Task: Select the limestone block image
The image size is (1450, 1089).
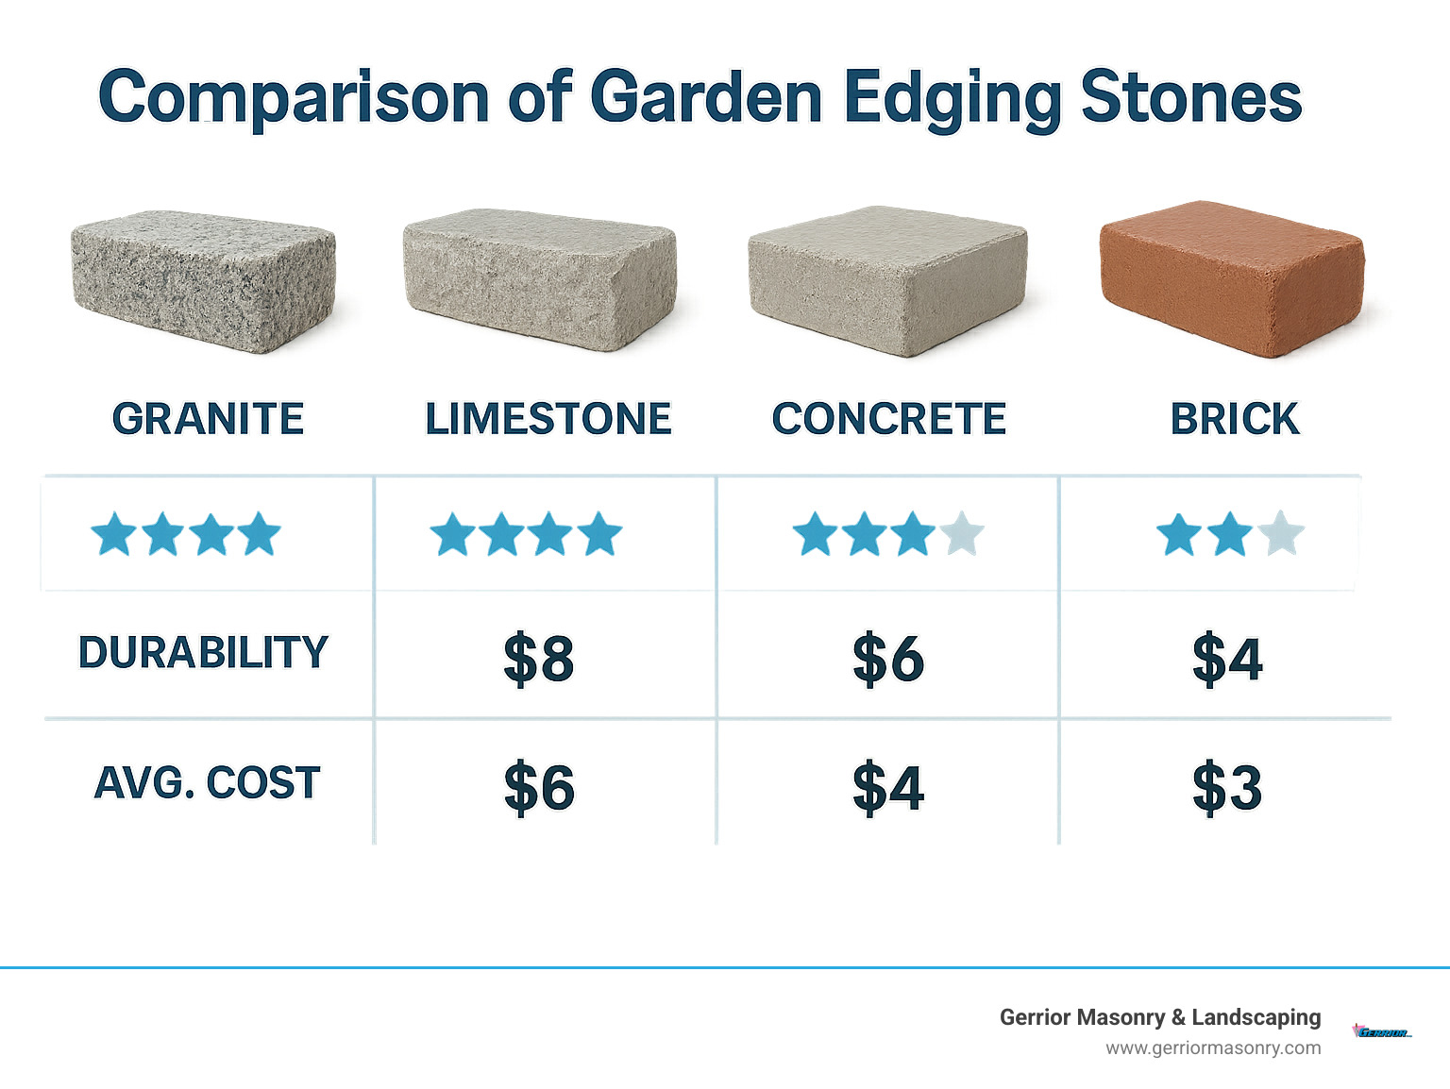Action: coord(539,279)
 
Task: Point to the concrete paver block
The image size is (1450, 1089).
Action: coord(886,280)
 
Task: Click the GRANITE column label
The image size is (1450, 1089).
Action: coord(208,419)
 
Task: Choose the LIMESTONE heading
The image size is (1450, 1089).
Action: coord(548,419)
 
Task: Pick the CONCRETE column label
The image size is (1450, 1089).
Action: coord(889,419)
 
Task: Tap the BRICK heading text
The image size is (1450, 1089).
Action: coord(1235,419)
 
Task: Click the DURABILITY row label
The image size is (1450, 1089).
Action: coord(203,653)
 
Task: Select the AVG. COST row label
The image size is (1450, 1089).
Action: coord(208,783)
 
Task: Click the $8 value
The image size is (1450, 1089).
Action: coord(539,659)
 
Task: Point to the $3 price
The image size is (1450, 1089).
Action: coord(1227,787)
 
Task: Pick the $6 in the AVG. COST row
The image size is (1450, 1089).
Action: coord(539,787)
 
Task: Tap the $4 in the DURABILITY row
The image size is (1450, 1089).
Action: coord(1227,659)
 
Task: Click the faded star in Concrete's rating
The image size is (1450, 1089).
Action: coord(962,534)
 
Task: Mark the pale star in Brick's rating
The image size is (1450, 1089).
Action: coord(1281,534)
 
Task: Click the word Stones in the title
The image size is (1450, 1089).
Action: coord(1190,97)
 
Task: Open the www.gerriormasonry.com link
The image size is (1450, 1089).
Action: coord(1213,1048)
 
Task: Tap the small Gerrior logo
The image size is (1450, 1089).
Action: coord(1382,1031)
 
